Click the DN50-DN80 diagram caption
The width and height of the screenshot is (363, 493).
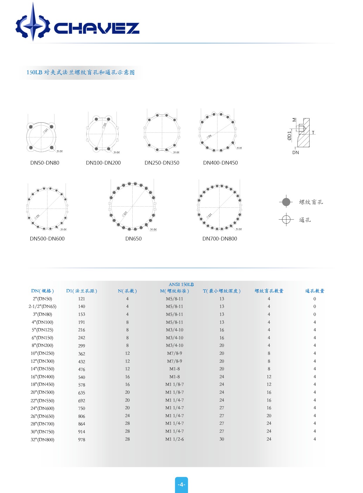45,163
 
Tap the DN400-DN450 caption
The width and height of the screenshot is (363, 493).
220,163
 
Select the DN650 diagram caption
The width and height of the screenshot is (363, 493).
133,239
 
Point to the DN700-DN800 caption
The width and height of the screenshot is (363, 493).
220,239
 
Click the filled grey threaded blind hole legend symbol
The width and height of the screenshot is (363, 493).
286,202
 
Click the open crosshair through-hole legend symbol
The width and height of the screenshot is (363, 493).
286,219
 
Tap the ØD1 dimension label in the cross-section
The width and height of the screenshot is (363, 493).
290,136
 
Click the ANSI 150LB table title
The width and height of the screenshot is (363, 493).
181,284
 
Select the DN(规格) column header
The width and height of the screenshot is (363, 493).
42,291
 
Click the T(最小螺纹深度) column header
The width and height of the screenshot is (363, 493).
222,291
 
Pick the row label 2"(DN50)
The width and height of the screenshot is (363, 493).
42,299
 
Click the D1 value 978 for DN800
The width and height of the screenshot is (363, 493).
82,440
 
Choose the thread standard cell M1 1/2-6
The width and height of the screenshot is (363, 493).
174,439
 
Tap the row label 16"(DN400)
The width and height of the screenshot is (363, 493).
42,377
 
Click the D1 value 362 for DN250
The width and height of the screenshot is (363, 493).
82,354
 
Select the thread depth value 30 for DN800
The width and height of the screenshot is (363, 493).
222,439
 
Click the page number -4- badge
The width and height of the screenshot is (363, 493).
181,485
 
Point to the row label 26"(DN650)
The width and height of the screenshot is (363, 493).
42,416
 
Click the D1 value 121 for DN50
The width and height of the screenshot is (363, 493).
82,299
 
